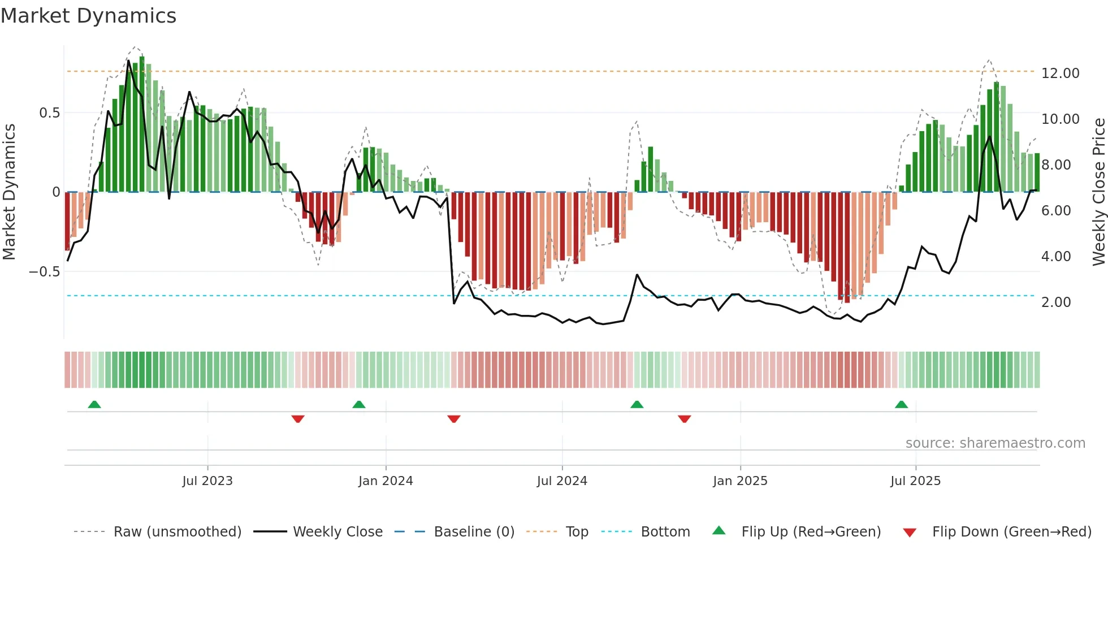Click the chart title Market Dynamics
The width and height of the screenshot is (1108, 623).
click(x=88, y=16)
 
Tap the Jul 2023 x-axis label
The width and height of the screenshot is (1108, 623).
click(x=207, y=481)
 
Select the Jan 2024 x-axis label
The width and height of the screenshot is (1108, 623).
click(x=386, y=481)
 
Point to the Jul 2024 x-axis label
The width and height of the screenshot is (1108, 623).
click(x=562, y=481)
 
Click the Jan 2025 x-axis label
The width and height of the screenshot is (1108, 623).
click(x=740, y=481)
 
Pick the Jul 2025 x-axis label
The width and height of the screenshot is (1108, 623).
click(x=915, y=481)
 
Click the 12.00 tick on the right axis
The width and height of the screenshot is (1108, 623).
click(x=1060, y=73)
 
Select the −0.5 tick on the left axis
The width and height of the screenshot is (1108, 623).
click(x=44, y=272)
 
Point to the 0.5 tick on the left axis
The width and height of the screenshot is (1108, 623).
click(x=49, y=113)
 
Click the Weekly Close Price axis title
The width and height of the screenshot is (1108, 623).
click(x=1098, y=192)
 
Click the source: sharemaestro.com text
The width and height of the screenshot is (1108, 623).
click(x=995, y=443)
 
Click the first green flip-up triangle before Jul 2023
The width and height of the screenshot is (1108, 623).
click(x=94, y=404)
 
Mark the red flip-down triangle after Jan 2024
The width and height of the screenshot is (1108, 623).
click(x=453, y=419)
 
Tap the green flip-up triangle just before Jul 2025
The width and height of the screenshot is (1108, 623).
click(x=901, y=404)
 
